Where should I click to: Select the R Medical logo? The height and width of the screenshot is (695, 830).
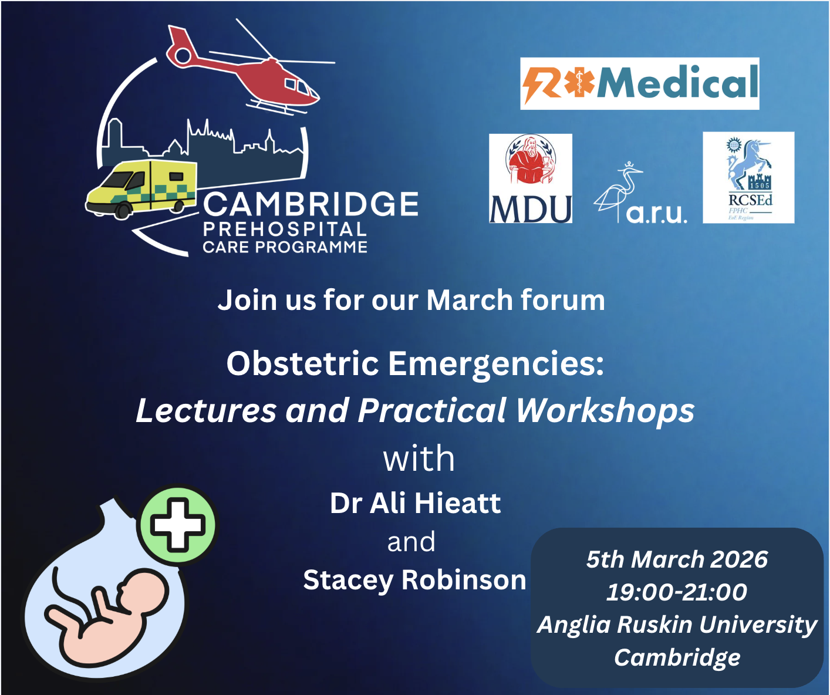pos(639,83)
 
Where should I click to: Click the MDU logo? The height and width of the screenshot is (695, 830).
pos(531,178)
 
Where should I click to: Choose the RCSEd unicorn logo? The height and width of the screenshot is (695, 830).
pos(748,177)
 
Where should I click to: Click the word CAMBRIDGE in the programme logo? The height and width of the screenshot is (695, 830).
pos(311,205)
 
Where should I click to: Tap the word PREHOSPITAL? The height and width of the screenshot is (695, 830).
pos(285,230)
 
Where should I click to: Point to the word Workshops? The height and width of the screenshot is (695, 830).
pos(605,410)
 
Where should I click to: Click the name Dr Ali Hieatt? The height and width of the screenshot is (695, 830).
pos(415,503)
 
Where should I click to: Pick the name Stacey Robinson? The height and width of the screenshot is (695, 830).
pos(414,580)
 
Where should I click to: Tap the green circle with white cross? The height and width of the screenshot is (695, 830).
pos(178,524)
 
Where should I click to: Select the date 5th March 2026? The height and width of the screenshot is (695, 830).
pos(677,559)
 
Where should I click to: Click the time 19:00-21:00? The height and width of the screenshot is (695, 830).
pos(677,592)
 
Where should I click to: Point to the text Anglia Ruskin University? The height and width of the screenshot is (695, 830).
pos(677,625)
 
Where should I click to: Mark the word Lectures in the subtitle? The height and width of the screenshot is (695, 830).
pos(205,410)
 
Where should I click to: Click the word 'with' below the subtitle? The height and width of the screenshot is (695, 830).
pos(419,458)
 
